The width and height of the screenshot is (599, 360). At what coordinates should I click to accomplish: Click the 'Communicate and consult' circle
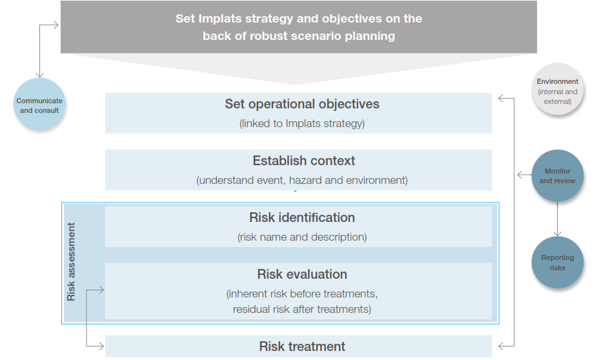click(39, 104)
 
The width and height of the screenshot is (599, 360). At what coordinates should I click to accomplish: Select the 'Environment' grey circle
click(557, 89)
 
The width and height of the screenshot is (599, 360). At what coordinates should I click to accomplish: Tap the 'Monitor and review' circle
click(557, 175)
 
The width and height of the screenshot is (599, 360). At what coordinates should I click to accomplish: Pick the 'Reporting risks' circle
click(557, 263)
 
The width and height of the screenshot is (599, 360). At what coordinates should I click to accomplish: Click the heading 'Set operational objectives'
click(302, 104)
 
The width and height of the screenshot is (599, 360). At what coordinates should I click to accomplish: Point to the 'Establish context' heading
click(304, 161)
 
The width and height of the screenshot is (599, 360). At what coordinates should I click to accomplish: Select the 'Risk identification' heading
click(302, 217)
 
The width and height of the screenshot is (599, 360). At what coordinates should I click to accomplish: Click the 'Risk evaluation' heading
click(302, 274)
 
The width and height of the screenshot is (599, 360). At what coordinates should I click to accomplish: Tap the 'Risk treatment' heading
click(302, 346)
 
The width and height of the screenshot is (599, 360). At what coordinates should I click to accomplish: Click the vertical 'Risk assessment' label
click(71, 262)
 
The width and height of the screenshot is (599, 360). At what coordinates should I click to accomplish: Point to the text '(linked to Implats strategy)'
click(302, 124)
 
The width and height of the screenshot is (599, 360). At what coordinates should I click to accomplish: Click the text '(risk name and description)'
click(302, 237)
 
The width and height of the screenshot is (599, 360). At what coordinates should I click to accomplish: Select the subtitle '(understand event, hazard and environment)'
click(302, 180)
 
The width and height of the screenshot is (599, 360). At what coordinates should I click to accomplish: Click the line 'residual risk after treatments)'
click(302, 309)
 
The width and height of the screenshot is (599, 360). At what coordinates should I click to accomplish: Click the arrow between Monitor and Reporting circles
click(557, 219)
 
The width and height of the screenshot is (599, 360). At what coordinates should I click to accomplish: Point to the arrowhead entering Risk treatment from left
click(101, 346)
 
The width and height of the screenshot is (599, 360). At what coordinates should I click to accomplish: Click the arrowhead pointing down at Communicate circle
click(39, 75)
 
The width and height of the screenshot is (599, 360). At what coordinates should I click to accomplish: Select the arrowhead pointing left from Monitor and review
click(520, 175)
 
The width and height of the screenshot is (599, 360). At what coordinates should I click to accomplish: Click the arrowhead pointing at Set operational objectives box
click(501, 99)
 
